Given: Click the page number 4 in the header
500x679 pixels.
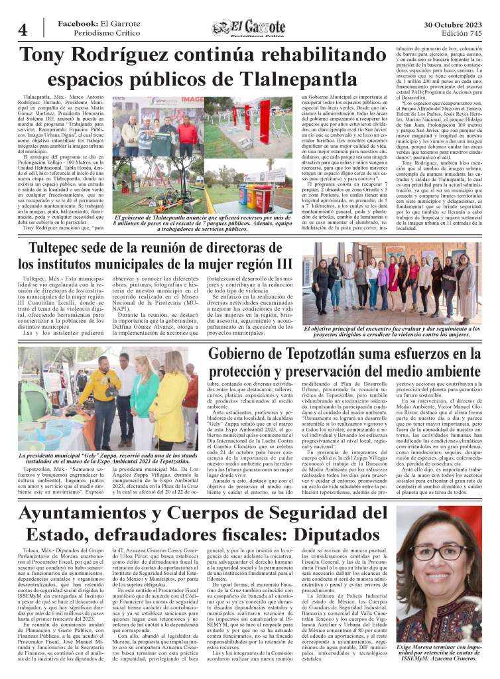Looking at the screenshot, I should [x=22, y=30].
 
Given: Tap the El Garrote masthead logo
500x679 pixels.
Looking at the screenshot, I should [x=249, y=28].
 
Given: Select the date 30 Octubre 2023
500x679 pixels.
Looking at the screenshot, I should [x=453, y=23].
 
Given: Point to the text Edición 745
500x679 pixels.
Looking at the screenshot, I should [x=462, y=33].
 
